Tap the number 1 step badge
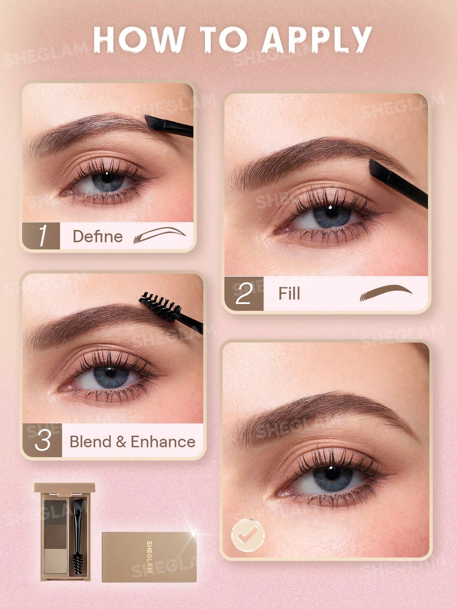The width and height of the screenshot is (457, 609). tap(41, 236)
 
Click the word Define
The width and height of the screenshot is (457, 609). tap(98, 236)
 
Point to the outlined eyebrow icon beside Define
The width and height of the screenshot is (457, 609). tap(159, 235)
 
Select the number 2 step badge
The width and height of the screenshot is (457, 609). tap(244, 294)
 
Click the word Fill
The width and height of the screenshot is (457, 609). tap(289, 294)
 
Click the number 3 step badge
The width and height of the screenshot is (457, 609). tap(43, 441)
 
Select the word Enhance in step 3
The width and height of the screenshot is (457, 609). tap(163, 442)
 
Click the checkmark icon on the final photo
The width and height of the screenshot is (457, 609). tap(248, 535)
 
